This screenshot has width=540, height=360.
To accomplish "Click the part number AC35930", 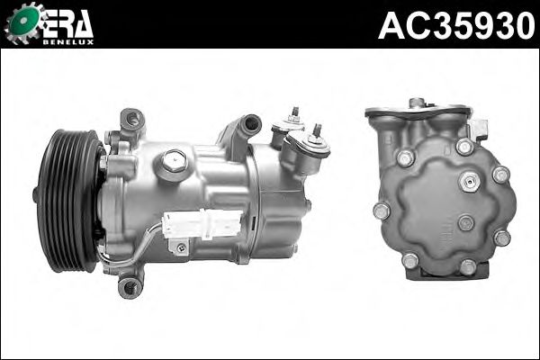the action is pos(456,25).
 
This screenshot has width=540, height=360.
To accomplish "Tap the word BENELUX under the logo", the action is pos(68,42).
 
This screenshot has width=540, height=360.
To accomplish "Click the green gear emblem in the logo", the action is pos(23,22).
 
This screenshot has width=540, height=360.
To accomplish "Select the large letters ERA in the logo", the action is pos(67,23).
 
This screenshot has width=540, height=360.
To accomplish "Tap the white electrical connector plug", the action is pos(202,223).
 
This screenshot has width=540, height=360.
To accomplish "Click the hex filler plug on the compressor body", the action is pos(174,161).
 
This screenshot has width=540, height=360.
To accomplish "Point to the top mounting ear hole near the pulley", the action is pos(132,119).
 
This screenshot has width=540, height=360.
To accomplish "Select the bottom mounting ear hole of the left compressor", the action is pos(129,287).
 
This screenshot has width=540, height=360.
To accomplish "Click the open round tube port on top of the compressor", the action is pos(251,122).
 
